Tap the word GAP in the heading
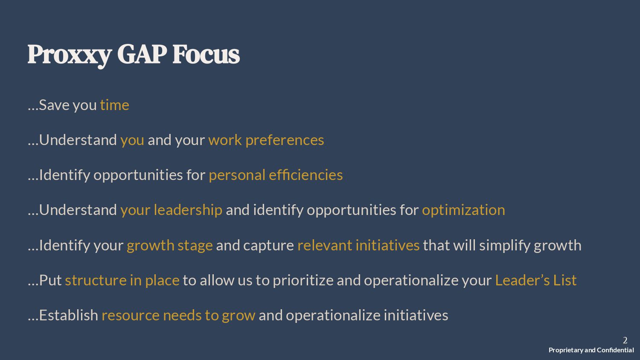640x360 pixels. coord(142,54)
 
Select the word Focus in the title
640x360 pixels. coord(206,54)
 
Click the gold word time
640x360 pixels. coord(115,105)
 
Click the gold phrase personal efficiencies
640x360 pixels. coord(276,175)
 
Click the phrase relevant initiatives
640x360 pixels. coord(358,245)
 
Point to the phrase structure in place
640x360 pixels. coord(122,281)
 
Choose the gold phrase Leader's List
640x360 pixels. coord(536,280)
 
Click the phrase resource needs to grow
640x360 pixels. coord(179,316)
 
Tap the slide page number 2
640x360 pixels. coord(625,340)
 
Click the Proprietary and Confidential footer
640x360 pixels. coord(591,350)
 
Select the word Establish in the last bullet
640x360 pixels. coord(69,315)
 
